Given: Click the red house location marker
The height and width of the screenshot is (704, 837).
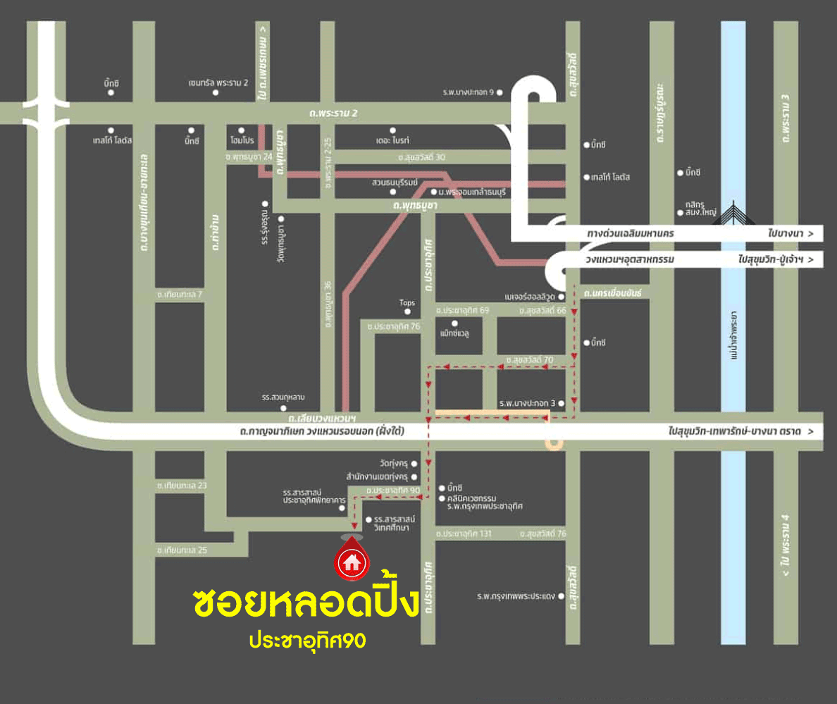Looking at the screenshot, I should tap(351, 561).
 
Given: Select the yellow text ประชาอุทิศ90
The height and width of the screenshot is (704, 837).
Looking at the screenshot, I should tap(307, 641).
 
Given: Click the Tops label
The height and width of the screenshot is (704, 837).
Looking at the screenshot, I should tap(407, 303).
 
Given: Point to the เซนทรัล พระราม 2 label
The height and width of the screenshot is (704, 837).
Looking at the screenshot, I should tap(218, 82).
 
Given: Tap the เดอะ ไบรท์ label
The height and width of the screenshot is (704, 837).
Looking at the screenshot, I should tap(393, 141).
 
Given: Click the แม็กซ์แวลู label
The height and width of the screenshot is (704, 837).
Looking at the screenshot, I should tap(454, 333).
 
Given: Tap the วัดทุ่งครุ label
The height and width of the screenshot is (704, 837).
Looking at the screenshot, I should tap(393, 464).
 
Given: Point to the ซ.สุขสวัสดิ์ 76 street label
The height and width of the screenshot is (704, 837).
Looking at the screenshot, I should tap(542, 534).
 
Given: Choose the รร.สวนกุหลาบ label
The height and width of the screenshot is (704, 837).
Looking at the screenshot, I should tap(283, 397).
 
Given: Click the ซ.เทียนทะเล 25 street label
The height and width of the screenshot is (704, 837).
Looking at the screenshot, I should tap(182, 550).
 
